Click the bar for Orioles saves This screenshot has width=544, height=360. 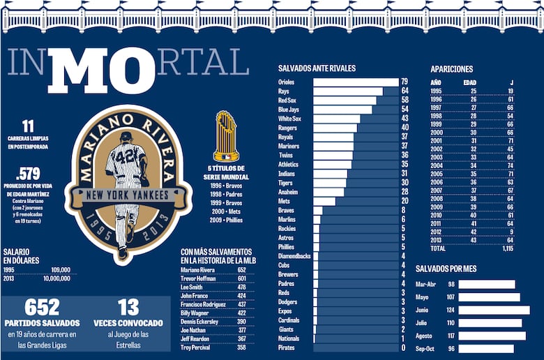[354, 82]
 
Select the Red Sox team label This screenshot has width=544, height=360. [289, 100]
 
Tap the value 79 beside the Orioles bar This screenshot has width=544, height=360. [404, 82]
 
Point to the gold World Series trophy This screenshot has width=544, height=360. [226, 136]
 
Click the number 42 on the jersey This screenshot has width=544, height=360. [126, 156]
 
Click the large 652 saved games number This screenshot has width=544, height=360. [42, 308]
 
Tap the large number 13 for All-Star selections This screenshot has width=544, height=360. [128, 308]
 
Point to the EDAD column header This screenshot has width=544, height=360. [470, 82]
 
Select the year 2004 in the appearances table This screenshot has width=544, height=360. [437, 165]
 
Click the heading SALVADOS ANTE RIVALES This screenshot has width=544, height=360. [317, 68]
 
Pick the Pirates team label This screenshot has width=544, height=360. [287, 347]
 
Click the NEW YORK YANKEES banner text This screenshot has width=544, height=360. [126, 196]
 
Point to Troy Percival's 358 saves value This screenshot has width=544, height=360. [241, 347]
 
